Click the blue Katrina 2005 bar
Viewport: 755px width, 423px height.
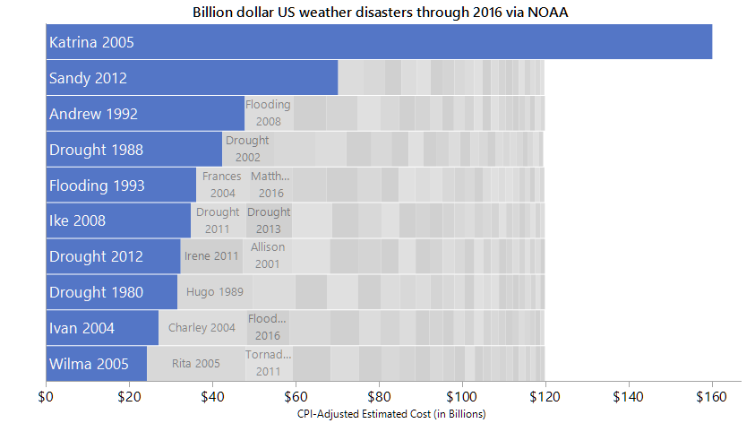coord(379,42)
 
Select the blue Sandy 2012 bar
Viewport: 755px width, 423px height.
coord(192,78)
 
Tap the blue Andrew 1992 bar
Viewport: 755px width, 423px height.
coord(145,114)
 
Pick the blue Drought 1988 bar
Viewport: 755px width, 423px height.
coord(134,150)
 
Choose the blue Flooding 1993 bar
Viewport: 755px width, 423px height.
coord(121,186)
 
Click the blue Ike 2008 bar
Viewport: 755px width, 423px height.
coord(118,220)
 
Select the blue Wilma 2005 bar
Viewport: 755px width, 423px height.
coord(96,364)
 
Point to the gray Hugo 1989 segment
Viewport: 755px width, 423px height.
coord(215,292)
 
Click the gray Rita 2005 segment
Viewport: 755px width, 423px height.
coord(195,364)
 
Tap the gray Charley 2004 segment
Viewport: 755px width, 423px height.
coord(202,328)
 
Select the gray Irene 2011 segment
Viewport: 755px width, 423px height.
coord(211,256)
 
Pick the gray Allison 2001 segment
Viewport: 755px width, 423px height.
coord(268,256)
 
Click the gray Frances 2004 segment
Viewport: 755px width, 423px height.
coord(221,186)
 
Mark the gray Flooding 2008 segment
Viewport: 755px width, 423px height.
coord(269,114)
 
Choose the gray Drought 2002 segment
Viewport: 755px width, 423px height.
coord(247,150)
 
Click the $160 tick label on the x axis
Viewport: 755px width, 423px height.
coord(711,395)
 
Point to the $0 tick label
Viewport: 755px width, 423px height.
coord(47,395)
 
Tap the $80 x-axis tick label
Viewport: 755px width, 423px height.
coord(379,395)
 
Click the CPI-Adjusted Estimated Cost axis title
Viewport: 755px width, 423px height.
coord(391,413)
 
